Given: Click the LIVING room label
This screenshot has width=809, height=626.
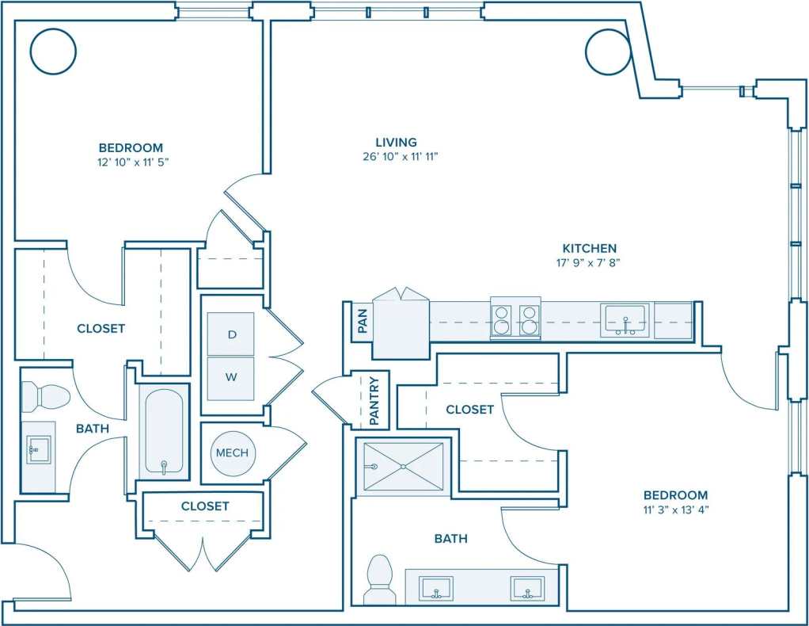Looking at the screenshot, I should coord(396,142).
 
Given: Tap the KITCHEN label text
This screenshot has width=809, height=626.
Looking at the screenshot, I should coord(589,248).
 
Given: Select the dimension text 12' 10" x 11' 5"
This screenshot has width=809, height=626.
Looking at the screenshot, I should coord(131,162).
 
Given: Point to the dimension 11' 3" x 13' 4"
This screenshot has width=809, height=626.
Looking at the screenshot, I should coord(675,510).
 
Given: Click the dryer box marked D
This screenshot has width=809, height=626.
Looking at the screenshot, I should coord(232,334).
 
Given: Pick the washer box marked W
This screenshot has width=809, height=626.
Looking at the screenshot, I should coord(232,377).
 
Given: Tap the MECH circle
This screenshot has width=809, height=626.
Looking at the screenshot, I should coord(232,452).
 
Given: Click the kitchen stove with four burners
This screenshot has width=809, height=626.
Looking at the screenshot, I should coord(515,319).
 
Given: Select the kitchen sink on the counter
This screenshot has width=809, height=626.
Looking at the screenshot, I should coord(625,320).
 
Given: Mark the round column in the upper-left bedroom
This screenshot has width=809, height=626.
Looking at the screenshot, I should coord(53,52).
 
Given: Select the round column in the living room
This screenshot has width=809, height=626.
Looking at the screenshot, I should coord(608,52).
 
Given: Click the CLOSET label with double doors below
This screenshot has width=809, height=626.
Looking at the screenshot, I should coord(205,506).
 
